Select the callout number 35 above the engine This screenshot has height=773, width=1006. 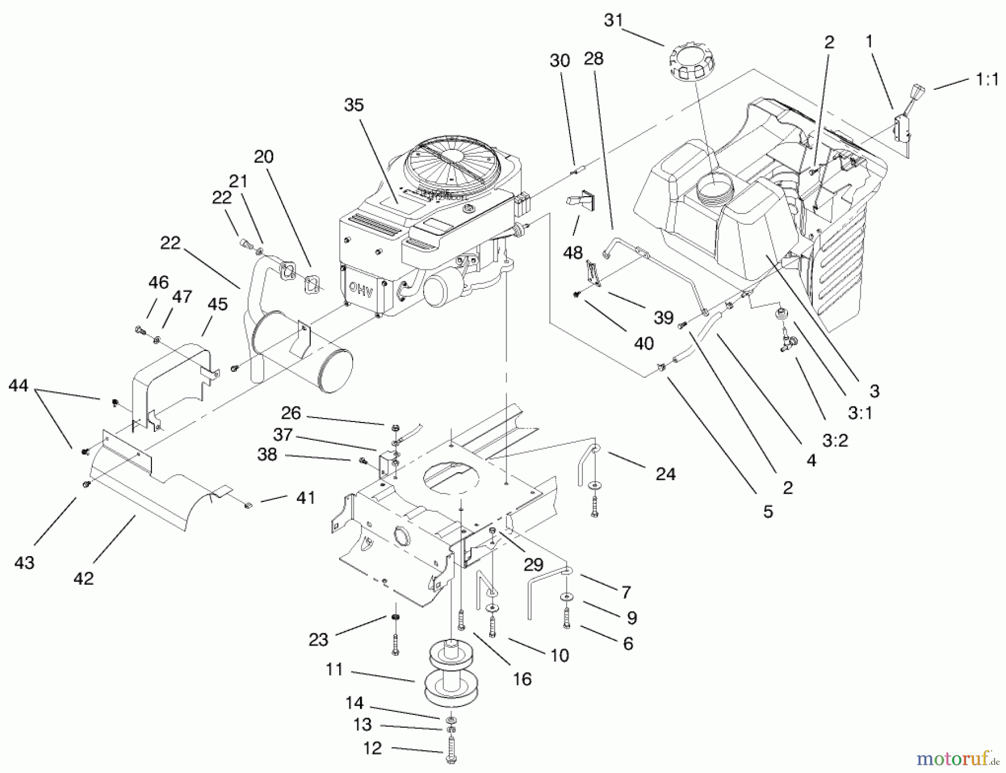point(354,105)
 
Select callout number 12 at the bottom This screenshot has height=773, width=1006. point(372,748)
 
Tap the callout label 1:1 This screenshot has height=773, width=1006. point(987,80)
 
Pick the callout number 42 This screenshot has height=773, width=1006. point(84,578)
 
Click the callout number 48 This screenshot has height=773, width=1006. point(572,253)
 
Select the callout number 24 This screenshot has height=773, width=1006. point(665,474)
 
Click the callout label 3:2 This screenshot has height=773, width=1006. point(835,440)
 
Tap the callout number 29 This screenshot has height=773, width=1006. point(533,565)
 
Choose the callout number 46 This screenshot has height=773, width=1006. point(158,282)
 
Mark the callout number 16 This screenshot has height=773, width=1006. point(522,679)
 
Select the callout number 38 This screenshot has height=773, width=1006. point(267,454)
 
